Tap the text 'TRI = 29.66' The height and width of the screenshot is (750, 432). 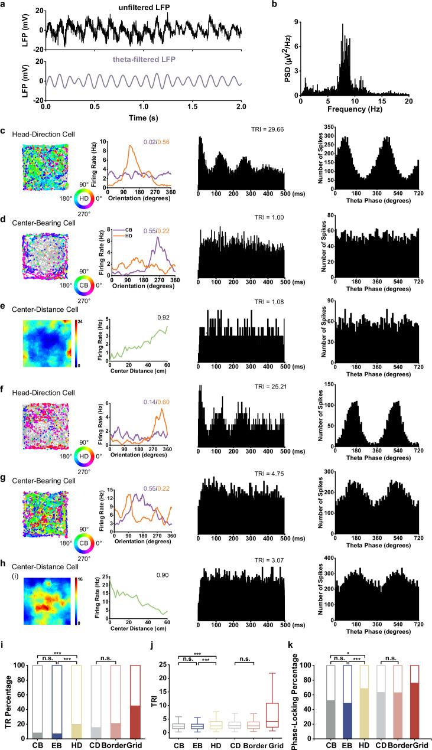pos(258,128)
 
